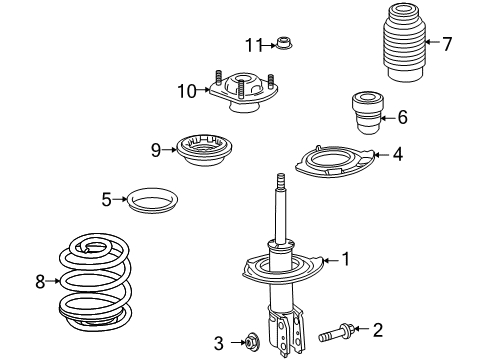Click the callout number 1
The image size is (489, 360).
tap(346, 259)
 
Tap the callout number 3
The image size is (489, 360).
tap(219, 343)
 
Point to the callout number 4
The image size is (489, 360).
tap(397, 154)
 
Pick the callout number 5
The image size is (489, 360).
tap(107, 199)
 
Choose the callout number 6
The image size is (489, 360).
tap(402, 117)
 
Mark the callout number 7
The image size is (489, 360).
tap(447, 42)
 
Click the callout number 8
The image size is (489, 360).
tap(41, 282)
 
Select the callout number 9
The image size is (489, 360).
tap(156, 150)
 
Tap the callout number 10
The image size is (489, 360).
tap(185, 91)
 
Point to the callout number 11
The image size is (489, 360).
tap(254, 44)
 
